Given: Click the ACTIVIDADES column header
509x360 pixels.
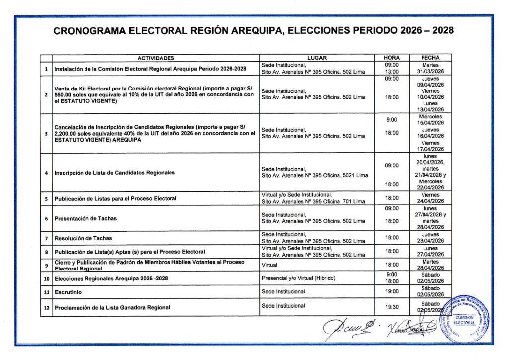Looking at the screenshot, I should pyautogui.click(x=156, y=58).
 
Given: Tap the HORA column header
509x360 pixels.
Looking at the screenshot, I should pyautogui.click(x=392, y=58).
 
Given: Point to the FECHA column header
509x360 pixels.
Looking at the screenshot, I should pyautogui.click(x=430, y=58).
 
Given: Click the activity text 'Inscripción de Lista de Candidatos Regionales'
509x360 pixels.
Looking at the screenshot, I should pyautogui.click(x=115, y=173).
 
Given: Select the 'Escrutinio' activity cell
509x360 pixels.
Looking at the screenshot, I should pyautogui.click(x=70, y=291).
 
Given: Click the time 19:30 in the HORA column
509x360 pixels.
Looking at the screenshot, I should pyautogui.click(x=392, y=307).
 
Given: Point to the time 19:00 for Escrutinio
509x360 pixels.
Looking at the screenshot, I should pyautogui.click(x=392, y=291).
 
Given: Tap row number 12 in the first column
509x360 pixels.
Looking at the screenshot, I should pyautogui.click(x=46, y=308).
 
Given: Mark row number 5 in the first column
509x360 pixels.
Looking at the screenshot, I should pyautogui.click(x=46, y=199).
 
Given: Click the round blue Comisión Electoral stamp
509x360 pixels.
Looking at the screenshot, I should pyautogui.click(x=466, y=319).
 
